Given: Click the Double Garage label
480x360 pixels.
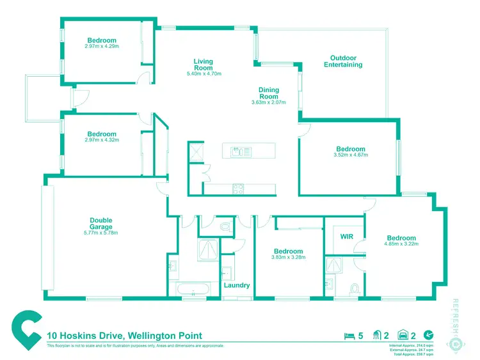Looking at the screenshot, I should click(101, 223).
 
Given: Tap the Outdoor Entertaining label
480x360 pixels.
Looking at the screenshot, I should click(343, 61).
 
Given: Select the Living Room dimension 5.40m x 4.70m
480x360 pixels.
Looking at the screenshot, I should click(204, 74).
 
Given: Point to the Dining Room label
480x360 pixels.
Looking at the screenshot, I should click(269, 93).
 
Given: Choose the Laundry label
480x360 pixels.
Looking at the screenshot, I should click(237, 285).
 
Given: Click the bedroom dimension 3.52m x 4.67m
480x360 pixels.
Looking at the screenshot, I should click(351, 154).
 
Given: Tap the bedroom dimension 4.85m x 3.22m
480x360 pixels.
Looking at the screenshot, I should click(401, 244).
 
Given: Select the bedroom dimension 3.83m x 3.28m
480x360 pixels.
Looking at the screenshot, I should click(288, 257).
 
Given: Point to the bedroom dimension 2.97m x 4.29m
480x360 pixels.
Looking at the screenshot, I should click(102, 46).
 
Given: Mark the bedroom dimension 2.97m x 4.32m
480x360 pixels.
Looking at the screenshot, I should click(102, 139).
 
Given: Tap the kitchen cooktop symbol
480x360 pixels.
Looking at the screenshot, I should click(237, 188).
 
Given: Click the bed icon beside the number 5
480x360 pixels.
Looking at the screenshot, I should click(349, 335).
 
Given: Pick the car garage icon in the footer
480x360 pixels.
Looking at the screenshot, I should click(403, 335).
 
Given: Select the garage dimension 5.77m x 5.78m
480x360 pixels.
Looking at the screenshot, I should click(101, 232).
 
